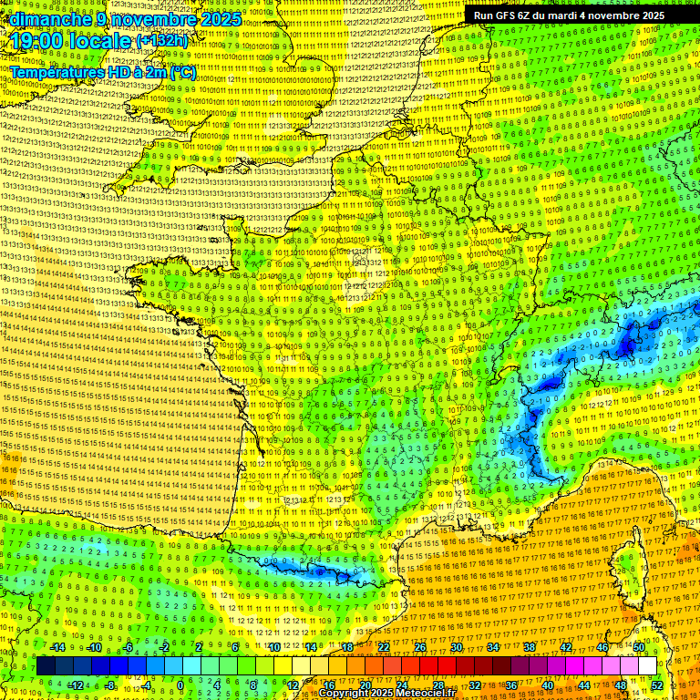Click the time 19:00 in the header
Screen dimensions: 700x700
(x=37, y=41)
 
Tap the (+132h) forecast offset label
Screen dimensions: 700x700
(x=163, y=42)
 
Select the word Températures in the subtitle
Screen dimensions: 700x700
(x=57, y=72)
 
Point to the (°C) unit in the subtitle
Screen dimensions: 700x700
(x=182, y=72)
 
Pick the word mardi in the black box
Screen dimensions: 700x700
(x=569, y=15)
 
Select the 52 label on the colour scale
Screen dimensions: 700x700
(x=657, y=685)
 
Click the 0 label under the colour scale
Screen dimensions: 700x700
(x=180, y=685)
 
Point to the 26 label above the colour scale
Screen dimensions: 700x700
(x=419, y=647)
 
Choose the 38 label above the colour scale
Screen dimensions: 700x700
(x=529, y=647)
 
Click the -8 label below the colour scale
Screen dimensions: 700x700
(x=109, y=685)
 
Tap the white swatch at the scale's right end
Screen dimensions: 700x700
(x=646, y=666)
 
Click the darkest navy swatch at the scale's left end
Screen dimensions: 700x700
(x=46, y=666)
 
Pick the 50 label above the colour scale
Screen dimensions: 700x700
(x=638, y=647)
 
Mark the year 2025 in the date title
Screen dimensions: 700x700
(x=220, y=19)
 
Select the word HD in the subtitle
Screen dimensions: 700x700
(x=128, y=72)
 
